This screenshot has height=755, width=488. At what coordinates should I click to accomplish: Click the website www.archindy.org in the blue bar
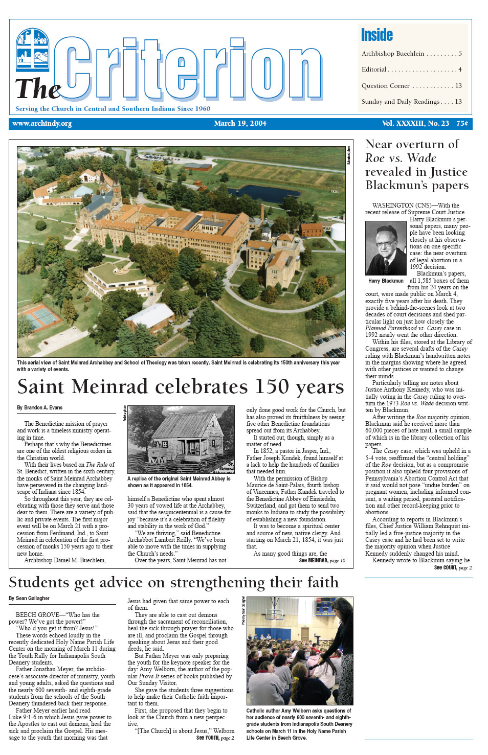(x=42, y=124)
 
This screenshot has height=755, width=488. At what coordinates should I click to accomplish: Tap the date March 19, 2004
(x=240, y=124)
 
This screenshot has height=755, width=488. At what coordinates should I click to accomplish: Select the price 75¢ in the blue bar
(x=462, y=124)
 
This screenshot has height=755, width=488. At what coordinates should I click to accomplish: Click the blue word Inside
(x=376, y=35)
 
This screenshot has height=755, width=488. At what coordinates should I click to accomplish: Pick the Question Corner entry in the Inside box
(x=386, y=86)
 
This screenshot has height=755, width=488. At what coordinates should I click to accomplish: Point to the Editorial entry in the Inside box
(x=374, y=70)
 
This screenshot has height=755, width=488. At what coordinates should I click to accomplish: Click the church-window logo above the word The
(x=33, y=50)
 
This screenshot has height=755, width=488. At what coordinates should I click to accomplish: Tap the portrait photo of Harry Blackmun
(x=386, y=248)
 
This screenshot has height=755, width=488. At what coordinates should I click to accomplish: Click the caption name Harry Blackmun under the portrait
(x=386, y=281)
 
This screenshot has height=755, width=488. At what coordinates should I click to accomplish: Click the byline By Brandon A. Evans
(x=40, y=407)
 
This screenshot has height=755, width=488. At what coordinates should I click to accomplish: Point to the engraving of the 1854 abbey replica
(x=181, y=439)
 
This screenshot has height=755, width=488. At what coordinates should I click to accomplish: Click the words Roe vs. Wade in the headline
(x=401, y=158)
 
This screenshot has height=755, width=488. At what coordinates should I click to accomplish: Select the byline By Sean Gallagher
(x=29, y=598)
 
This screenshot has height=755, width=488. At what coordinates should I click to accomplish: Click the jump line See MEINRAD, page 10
(x=322, y=561)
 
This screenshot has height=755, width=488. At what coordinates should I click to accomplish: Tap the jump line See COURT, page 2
(x=453, y=567)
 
